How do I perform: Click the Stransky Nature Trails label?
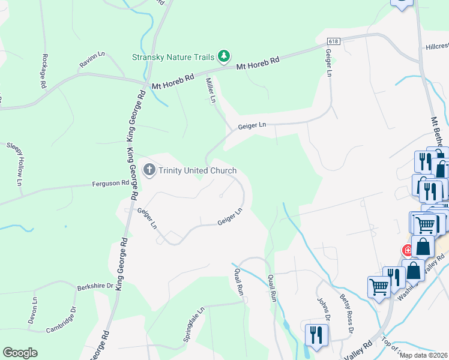[x=173, y=58]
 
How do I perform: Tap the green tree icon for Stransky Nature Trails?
[x=224, y=56]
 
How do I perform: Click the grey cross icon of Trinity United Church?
[x=149, y=170]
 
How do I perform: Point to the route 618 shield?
[x=334, y=40]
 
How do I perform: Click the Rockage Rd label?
[x=44, y=71]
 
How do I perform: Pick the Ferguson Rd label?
[x=110, y=183]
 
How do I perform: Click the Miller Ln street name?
[x=210, y=91]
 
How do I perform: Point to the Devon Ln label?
[x=33, y=310]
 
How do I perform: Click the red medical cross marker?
[x=408, y=250]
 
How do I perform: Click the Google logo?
[x=20, y=353]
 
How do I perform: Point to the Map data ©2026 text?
[x=424, y=355]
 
